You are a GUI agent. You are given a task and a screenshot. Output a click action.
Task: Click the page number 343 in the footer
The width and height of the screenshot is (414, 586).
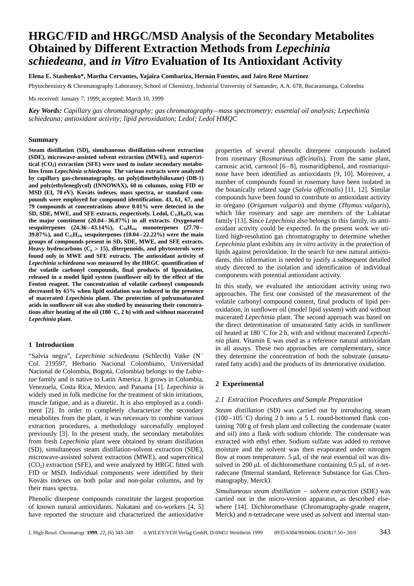[x=385, y=532]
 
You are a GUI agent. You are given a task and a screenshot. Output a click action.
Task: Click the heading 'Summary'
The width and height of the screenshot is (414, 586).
[x=43, y=140]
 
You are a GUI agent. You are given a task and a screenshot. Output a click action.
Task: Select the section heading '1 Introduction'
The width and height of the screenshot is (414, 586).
[x=51, y=345]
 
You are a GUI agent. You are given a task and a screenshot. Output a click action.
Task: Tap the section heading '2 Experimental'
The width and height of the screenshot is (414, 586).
[x=239, y=384]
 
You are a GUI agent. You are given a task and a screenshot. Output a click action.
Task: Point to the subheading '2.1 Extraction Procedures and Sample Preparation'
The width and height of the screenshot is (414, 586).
[x=288, y=399]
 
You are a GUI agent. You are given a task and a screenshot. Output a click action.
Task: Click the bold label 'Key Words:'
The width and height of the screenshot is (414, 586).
[x=45, y=111]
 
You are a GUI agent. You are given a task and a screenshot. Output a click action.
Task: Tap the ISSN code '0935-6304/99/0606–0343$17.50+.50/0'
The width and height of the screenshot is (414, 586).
[x=315, y=533]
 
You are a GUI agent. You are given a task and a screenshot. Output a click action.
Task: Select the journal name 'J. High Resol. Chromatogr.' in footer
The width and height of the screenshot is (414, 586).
[x=57, y=533]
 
